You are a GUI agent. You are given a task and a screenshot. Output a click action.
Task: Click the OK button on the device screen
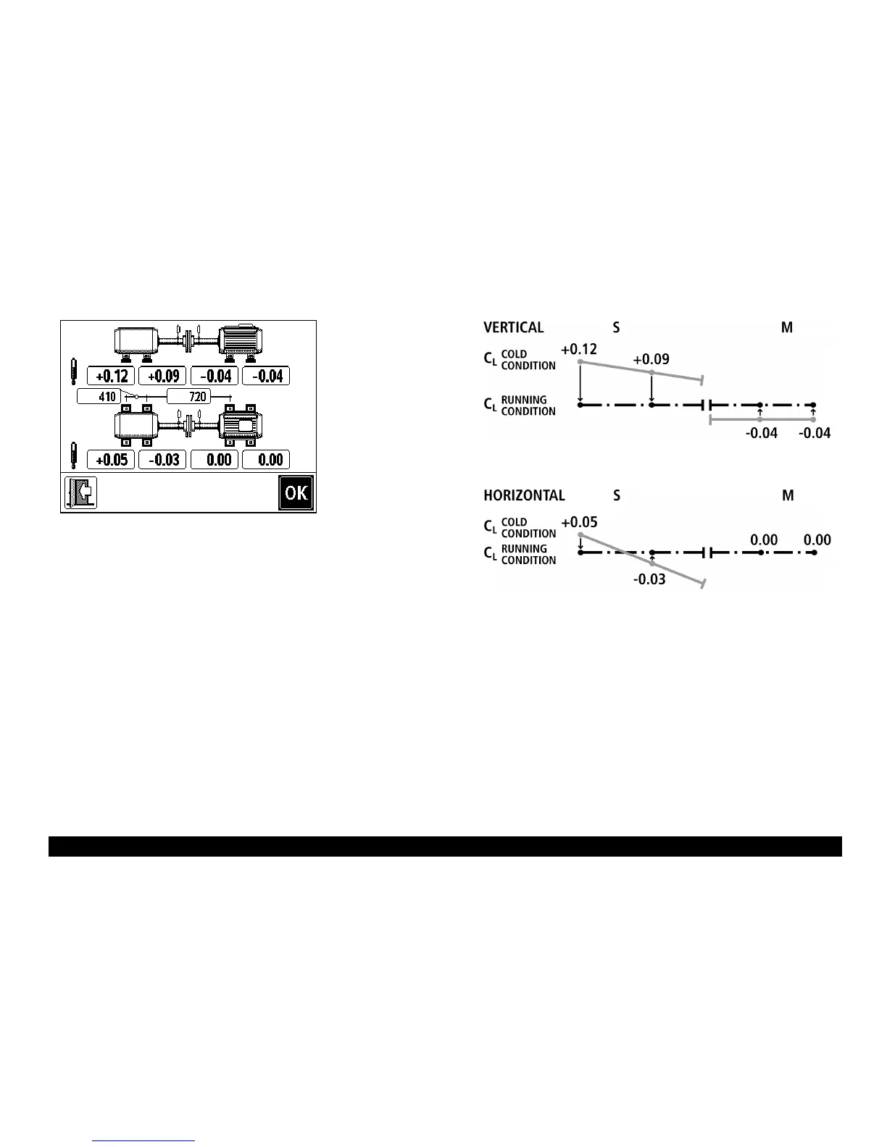coord(296,493)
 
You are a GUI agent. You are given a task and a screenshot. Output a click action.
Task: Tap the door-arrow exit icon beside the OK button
coord(80,493)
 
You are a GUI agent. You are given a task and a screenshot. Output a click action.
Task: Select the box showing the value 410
coord(99,397)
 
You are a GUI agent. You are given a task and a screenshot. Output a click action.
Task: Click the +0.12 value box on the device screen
coord(111,376)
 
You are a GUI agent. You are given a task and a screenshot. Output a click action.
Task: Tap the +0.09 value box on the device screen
coord(163,376)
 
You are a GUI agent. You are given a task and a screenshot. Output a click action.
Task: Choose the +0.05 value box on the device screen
coord(111,460)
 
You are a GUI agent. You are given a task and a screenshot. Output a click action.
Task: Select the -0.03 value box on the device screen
coord(163,460)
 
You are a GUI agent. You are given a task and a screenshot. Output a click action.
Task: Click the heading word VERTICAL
coord(513,327)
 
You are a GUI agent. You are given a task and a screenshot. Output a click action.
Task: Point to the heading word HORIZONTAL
coord(524,496)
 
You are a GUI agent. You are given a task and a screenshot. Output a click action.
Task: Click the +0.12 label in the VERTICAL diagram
coord(579,350)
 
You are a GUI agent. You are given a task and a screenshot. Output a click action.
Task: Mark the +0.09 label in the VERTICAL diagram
coord(651,359)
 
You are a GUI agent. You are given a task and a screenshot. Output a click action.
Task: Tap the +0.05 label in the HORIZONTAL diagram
coord(579,522)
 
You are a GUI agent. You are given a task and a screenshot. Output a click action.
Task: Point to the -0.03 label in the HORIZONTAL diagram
coord(649,580)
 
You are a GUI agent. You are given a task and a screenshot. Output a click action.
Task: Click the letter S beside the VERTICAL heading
coord(616,327)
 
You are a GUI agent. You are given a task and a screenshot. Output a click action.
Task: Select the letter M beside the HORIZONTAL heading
coord(788,496)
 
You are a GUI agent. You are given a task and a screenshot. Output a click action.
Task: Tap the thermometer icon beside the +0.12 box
coord(73,371)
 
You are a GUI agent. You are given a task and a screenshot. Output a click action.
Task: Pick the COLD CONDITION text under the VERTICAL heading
coord(528,360)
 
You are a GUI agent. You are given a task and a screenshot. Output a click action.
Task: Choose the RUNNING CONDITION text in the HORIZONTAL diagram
coord(528,555)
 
